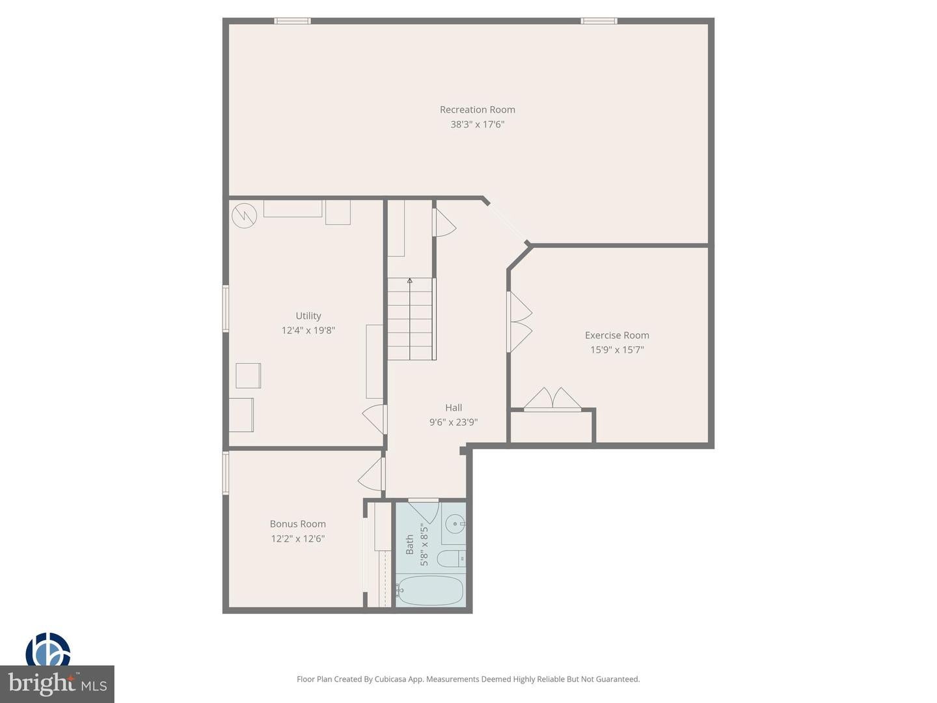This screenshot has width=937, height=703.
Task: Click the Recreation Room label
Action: coord(477,110)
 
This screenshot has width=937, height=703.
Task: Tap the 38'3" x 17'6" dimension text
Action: coord(477,124)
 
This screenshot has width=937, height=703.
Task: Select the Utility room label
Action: coord(308,316)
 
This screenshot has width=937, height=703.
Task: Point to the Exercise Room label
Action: coord(617,335)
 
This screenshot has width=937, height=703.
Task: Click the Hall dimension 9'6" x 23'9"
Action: coord(454,422)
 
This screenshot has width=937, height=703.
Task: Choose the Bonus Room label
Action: coord(297,524)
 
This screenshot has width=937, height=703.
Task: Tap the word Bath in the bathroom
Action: coord(410,545)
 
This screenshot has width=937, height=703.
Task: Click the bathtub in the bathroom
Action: coord(429,590)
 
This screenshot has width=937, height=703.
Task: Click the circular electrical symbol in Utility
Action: coord(244,215)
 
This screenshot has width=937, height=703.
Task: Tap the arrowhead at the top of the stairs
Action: coord(410,281)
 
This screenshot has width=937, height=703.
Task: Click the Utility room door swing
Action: coord(375,419)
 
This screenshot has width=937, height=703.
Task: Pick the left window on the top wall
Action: coord(292,21)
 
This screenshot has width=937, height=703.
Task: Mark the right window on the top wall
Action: coord(599,21)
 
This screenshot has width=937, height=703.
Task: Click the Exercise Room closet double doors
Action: coord(552,400)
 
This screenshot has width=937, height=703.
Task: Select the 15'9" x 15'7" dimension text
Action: coord(617,350)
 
